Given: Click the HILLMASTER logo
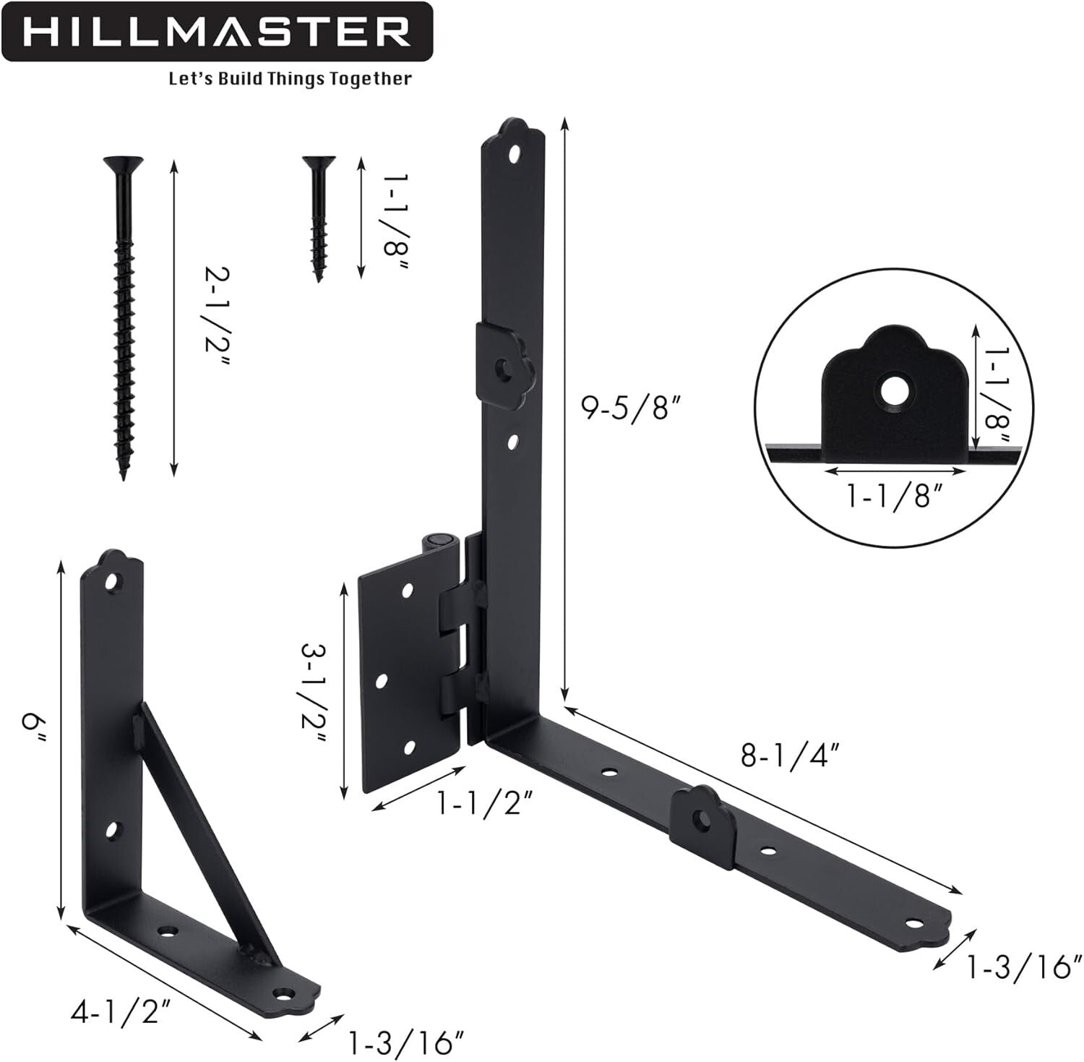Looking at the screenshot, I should [x=217, y=33].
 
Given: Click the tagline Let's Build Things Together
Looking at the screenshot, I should [x=290, y=78].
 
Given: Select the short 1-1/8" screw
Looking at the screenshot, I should [x=317, y=217].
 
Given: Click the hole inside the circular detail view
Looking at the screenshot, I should [x=895, y=392].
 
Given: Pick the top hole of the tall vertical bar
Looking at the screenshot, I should [x=515, y=154].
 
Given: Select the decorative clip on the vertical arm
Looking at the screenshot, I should [x=504, y=365].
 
